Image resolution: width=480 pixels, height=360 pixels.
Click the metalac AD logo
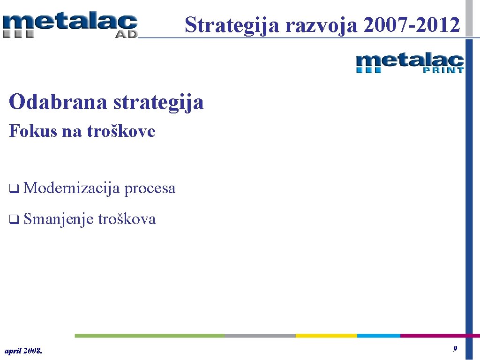tap(70, 25)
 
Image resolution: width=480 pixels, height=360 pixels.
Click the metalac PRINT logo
tap(410, 63)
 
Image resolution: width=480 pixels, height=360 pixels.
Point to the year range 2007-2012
tap(412, 24)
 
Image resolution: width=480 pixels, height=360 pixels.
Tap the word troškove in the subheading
tap(121, 131)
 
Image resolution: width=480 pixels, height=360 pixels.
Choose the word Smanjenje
tap(58, 219)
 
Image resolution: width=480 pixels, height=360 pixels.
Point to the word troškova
tap(127, 219)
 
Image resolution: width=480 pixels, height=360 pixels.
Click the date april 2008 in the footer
tap(23, 350)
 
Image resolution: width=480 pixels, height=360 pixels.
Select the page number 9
tap(455, 349)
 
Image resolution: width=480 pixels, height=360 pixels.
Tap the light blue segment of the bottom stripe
tap(378, 336)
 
